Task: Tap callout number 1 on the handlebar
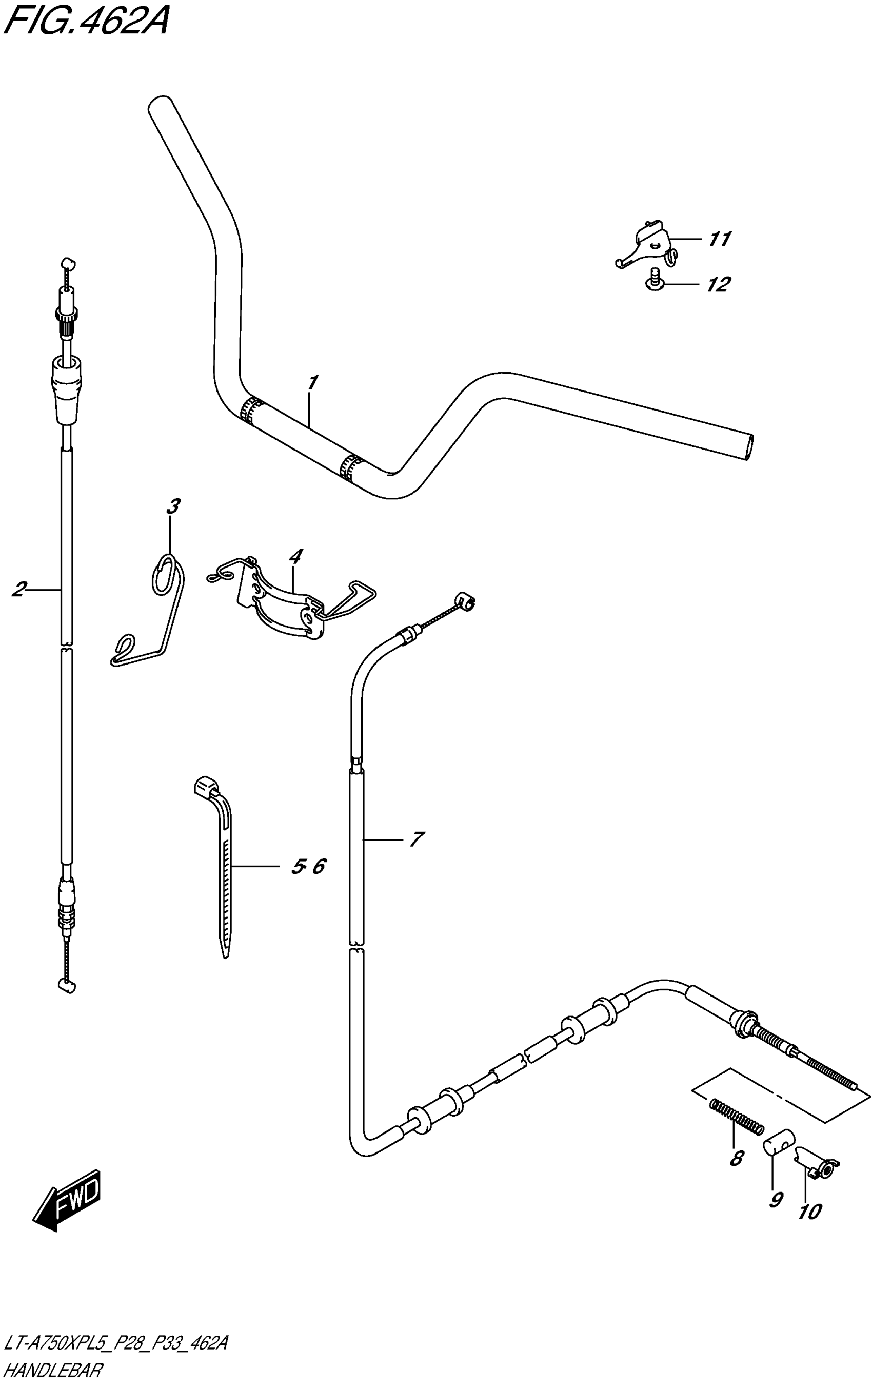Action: tap(313, 382)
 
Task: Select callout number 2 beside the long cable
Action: tap(19, 589)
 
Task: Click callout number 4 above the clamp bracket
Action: tap(295, 556)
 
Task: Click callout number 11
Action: tap(719, 239)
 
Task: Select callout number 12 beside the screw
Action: tap(718, 284)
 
